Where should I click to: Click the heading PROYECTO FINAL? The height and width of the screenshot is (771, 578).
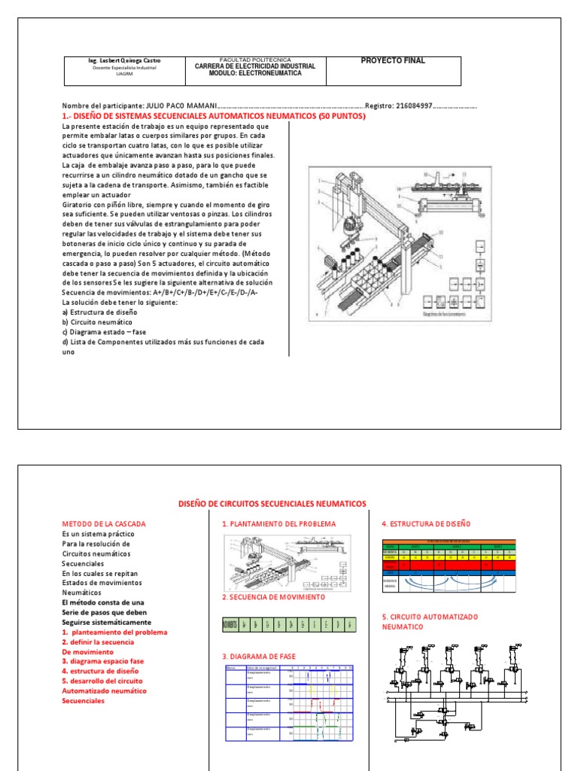pos(393,61)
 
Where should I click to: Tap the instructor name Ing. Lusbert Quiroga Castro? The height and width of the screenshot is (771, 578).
pos(125,60)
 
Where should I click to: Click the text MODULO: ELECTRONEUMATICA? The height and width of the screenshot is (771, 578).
pos(254,73)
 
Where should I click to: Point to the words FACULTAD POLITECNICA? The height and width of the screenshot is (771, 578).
pos(254,59)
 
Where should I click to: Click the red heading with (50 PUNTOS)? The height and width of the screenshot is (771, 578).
pos(212,117)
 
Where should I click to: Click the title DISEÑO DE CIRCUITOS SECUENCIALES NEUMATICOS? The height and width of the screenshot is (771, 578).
pos(272,503)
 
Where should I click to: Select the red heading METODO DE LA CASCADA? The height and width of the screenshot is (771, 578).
pos(103,523)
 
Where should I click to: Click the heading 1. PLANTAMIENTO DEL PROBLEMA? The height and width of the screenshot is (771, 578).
pos(278,523)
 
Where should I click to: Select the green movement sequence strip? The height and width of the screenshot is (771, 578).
pos(289,625)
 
